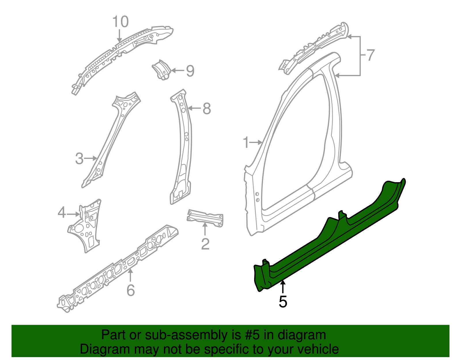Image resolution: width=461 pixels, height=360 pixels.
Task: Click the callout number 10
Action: click(120, 22)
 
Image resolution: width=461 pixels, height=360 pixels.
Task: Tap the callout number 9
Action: click(190, 71)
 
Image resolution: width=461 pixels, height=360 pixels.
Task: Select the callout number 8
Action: click(207, 109)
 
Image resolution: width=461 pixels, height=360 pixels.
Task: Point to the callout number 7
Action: click(370, 55)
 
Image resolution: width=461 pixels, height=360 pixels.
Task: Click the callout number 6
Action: click(131, 290)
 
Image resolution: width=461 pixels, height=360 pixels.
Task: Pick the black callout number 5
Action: click(283, 301)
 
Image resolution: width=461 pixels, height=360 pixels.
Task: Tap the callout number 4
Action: click(62, 213)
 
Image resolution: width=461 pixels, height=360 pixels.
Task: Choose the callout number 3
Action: click(79, 159)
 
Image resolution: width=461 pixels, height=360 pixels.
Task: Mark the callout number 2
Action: click(205, 244)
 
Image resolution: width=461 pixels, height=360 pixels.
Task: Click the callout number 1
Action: click(246, 143)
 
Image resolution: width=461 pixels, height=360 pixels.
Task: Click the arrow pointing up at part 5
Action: click(283, 287)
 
